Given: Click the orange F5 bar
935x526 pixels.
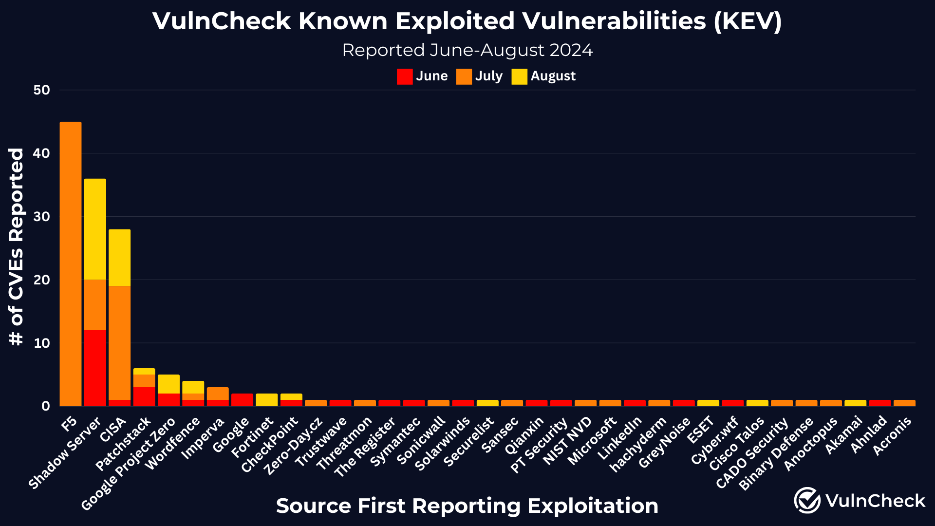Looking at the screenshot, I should pyautogui.click(x=71, y=263).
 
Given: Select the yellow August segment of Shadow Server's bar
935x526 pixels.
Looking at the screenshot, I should pyautogui.click(x=95, y=229).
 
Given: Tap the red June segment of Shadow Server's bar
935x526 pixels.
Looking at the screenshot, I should pyautogui.click(x=95, y=368).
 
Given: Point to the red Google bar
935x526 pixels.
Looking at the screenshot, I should pyautogui.click(x=242, y=399).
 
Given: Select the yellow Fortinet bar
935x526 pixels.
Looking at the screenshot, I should pyautogui.click(x=266, y=399).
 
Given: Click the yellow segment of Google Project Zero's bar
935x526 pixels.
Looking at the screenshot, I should pyautogui.click(x=168, y=384).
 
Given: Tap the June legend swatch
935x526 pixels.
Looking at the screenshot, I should pyautogui.click(x=405, y=76).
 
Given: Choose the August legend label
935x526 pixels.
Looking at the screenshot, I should pyautogui.click(x=553, y=76).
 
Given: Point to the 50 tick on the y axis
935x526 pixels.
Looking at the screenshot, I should pyautogui.click(x=42, y=90).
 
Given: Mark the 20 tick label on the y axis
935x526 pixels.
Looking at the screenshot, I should pyautogui.click(x=42, y=280).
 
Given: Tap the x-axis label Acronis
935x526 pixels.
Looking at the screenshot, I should pyautogui.click(x=892, y=436).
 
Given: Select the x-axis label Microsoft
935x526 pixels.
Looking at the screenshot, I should pyautogui.click(x=592, y=441).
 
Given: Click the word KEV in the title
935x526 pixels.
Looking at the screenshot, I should pyautogui.click(x=748, y=21).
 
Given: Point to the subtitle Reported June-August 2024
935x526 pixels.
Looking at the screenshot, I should pyautogui.click(x=467, y=50).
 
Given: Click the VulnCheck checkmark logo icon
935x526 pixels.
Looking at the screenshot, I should pyautogui.click(x=807, y=500).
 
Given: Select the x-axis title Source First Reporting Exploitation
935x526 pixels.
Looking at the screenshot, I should pyautogui.click(x=467, y=506).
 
